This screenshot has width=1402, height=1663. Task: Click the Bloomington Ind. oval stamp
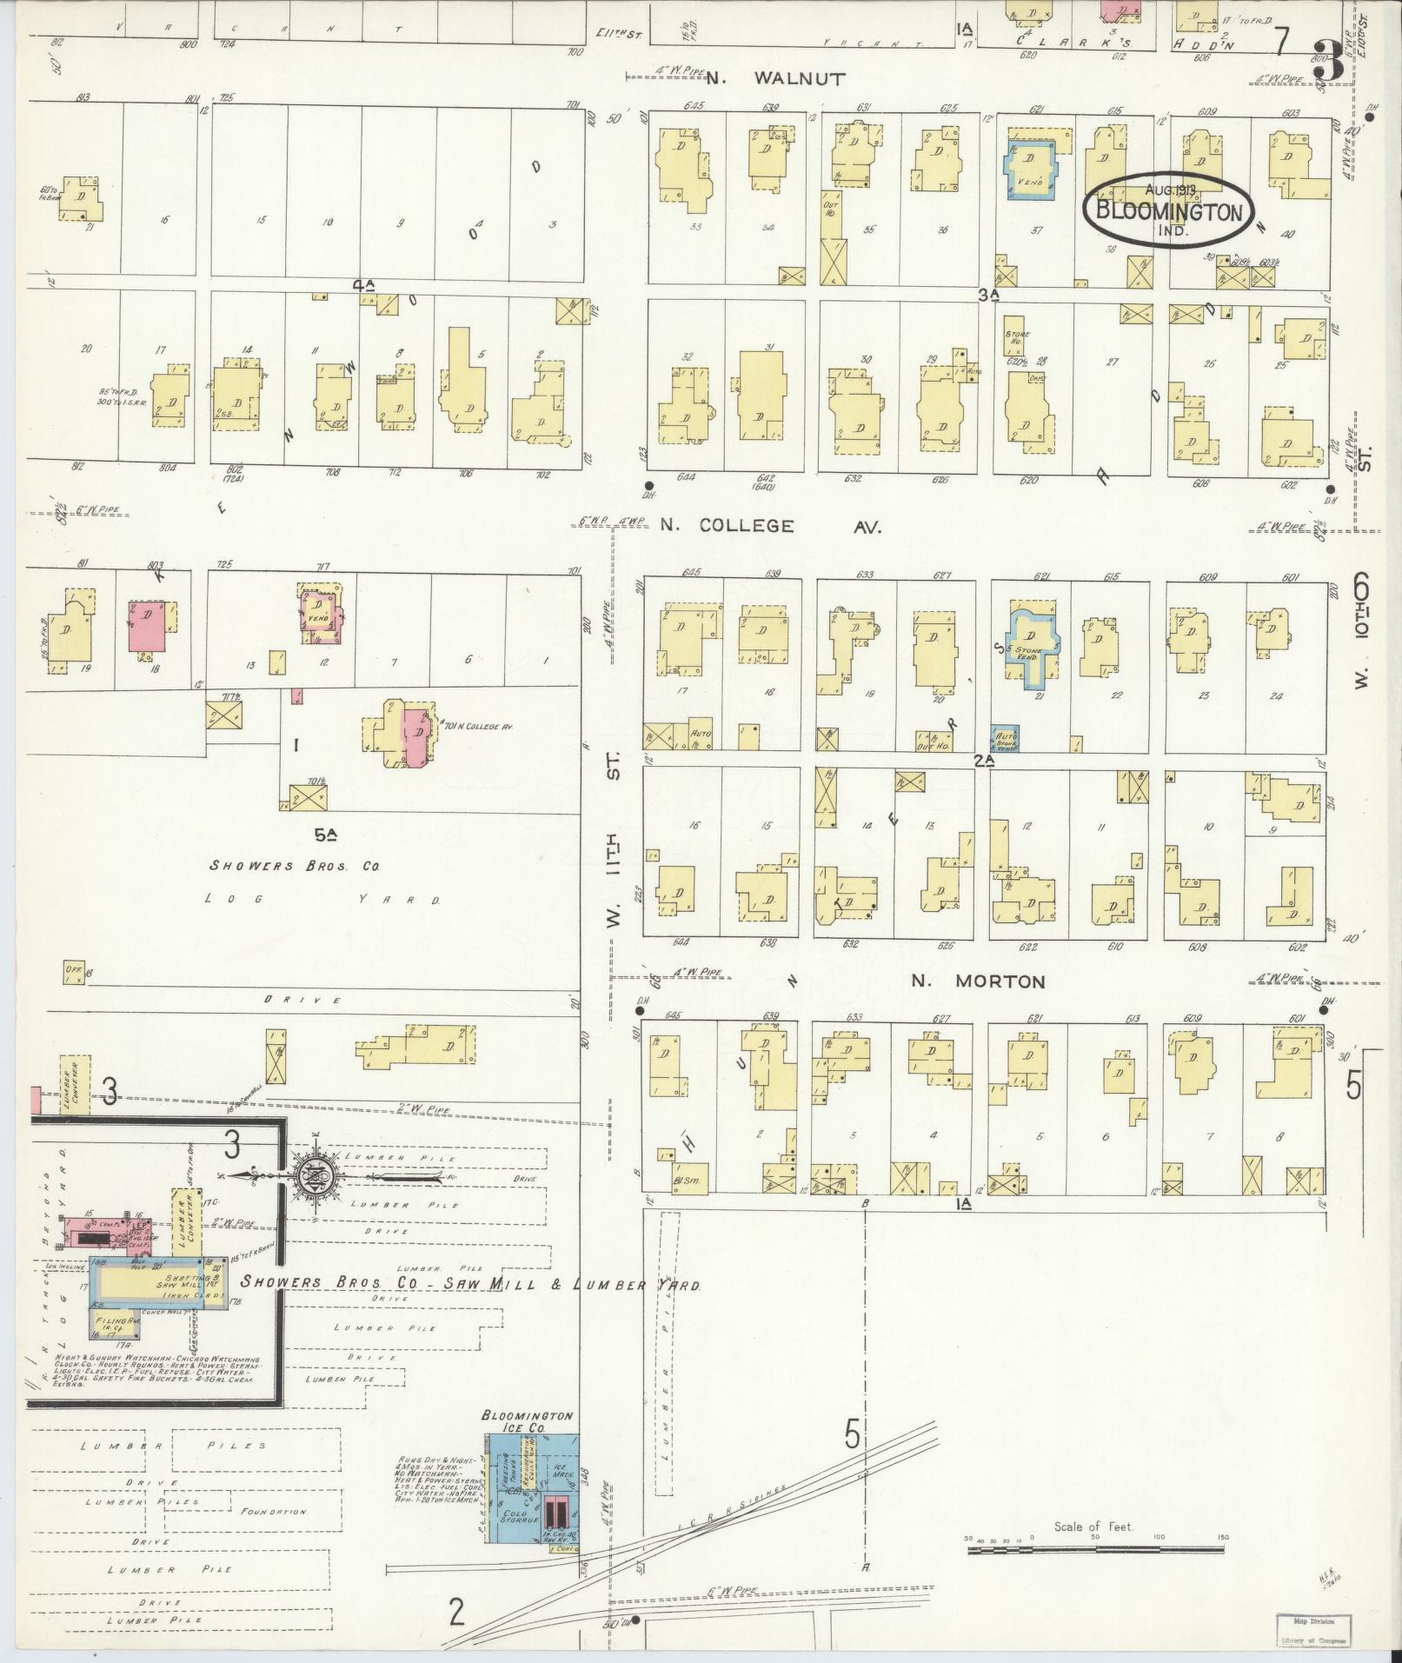(x=1168, y=205)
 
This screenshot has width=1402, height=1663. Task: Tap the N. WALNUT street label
(x=774, y=78)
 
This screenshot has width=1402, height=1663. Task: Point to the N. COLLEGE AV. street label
(x=770, y=526)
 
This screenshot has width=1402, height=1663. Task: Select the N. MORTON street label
(x=977, y=981)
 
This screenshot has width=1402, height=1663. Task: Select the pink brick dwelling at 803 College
(x=148, y=625)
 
